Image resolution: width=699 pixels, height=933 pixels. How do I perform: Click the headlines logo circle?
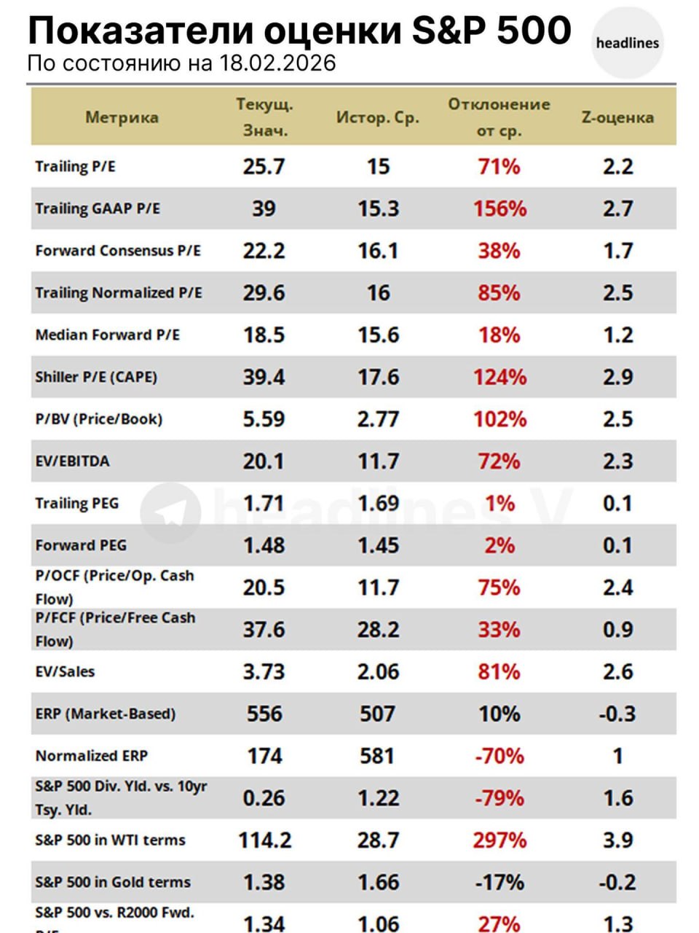[627, 43]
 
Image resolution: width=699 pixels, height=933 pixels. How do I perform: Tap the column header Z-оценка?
[617, 117]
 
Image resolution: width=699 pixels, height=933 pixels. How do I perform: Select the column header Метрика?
[122, 117]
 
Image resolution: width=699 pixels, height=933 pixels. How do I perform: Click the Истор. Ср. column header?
[378, 117]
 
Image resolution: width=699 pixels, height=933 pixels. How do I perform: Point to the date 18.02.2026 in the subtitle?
[277, 63]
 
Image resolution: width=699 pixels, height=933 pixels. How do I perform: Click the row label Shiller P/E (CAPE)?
[96, 377]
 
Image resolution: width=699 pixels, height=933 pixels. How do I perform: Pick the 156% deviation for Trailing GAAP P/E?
[499, 208]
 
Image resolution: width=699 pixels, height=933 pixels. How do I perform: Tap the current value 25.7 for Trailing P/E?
[264, 167]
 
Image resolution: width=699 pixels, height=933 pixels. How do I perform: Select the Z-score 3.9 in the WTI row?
[617, 840]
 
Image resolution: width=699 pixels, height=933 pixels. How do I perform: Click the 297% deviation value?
[499, 840]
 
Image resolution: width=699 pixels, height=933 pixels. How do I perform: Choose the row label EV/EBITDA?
[73, 461]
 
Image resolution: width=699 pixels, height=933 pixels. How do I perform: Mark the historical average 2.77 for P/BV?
[378, 419]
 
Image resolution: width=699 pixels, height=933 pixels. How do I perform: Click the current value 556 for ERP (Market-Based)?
[264, 714]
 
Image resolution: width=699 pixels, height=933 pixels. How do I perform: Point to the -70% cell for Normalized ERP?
[499, 756]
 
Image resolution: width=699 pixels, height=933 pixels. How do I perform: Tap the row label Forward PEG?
[81, 545]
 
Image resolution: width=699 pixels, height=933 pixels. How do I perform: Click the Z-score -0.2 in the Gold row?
[617, 883]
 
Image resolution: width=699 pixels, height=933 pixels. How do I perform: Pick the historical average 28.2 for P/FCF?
[378, 630]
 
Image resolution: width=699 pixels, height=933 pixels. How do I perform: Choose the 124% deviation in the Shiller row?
[499, 377]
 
